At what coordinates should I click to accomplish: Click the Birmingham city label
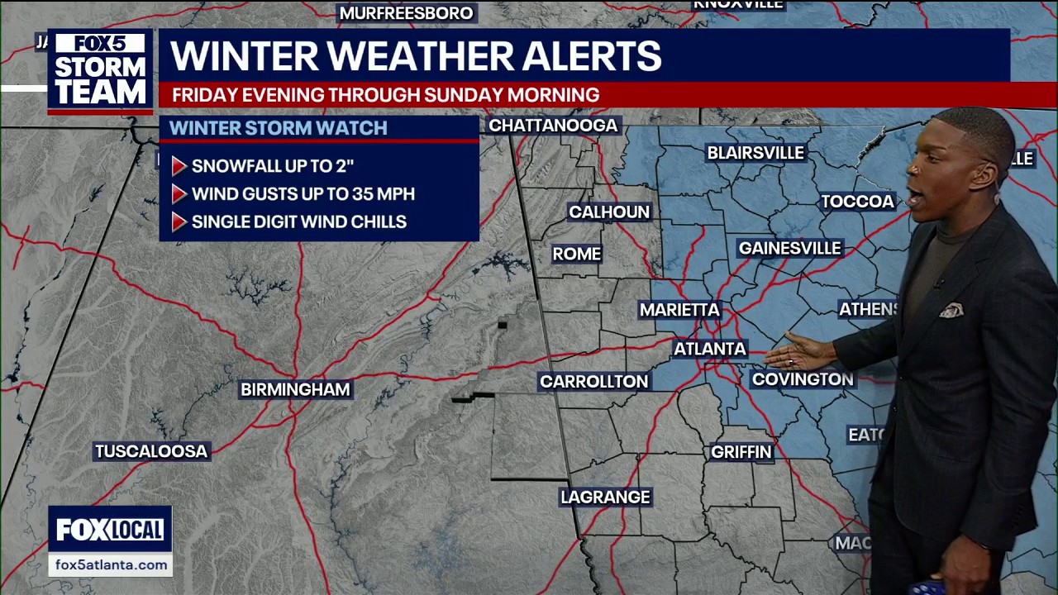click(x=295, y=389)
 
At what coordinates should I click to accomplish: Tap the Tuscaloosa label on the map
click(x=150, y=451)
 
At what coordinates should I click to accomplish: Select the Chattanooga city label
click(x=553, y=126)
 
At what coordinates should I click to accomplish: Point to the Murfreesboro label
click(x=406, y=13)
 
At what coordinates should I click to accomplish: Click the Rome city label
click(x=576, y=254)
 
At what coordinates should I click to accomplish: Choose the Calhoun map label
click(x=609, y=212)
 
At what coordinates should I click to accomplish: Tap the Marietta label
click(x=679, y=310)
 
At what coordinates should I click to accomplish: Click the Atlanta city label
click(x=710, y=349)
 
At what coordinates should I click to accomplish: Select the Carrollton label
click(x=593, y=381)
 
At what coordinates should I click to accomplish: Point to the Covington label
click(x=803, y=379)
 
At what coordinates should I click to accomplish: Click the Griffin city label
click(x=741, y=452)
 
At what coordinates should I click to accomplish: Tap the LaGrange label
click(x=605, y=497)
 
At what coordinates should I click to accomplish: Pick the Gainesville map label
click(x=789, y=248)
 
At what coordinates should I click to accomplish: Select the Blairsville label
click(x=755, y=153)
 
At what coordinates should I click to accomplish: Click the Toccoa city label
click(x=857, y=202)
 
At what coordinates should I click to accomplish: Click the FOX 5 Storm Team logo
click(x=100, y=71)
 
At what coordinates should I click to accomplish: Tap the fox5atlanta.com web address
click(x=111, y=565)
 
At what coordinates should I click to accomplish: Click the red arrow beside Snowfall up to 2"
click(x=179, y=166)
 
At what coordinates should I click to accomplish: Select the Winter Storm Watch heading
click(x=278, y=128)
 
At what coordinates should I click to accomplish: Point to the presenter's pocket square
click(x=951, y=311)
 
